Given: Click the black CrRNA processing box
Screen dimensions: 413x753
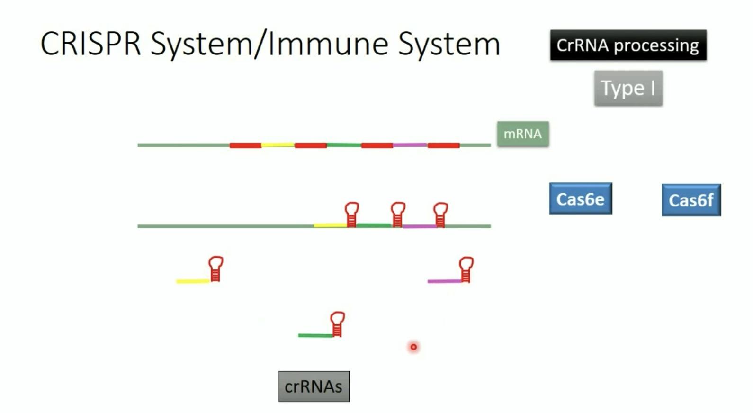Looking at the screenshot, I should (628, 45).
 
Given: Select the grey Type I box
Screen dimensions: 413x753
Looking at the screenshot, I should (628, 88).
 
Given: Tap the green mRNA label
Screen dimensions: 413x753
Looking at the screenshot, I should (523, 134).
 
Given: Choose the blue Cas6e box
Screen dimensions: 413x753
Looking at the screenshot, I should (580, 199).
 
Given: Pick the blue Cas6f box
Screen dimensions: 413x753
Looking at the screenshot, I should (691, 200).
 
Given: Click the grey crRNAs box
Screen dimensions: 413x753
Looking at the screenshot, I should (314, 386).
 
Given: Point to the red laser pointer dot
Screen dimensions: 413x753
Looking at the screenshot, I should (413, 347).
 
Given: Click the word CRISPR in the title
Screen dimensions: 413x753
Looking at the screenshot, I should (90, 44).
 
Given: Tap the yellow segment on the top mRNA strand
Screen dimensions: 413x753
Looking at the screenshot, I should (278, 145).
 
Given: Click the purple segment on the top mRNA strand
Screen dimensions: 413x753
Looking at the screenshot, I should (410, 145).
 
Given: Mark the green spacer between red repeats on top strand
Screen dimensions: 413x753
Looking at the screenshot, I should (344, 145).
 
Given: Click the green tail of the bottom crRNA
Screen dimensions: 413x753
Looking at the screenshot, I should (315, 335).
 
